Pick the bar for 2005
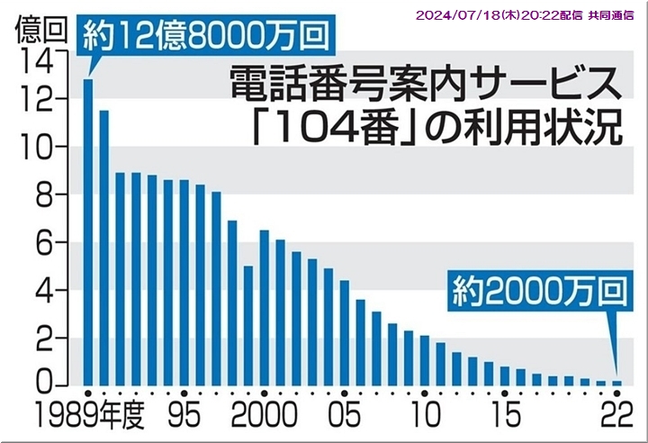coord(345,332)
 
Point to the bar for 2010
coord(425,360)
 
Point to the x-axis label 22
coord(615,416)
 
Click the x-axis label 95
coord(183,416)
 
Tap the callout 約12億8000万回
coord(202,36)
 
